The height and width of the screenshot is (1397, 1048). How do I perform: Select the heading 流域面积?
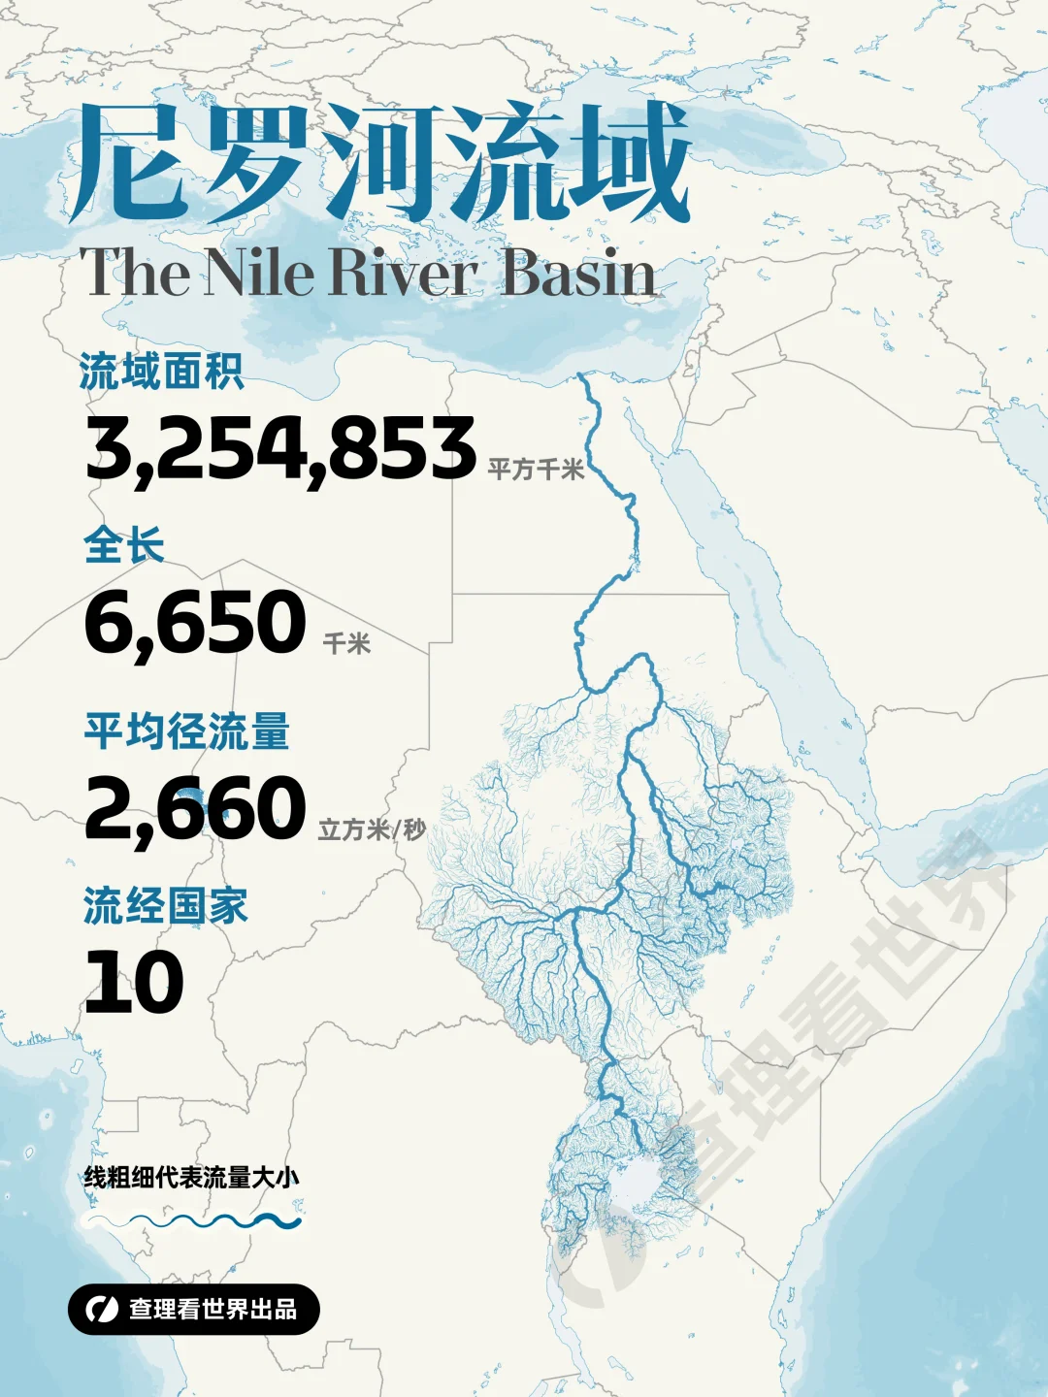coord(162,372)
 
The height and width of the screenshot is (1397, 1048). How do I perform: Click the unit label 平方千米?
coord(536,470)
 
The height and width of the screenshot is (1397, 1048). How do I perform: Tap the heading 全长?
coord(124,545)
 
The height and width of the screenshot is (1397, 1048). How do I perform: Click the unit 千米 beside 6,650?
coord(346,643)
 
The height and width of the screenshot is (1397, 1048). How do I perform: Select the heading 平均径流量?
coord(187,731)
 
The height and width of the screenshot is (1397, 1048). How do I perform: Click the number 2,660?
coord(195,808)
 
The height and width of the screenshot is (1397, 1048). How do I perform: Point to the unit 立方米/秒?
coord(372,829)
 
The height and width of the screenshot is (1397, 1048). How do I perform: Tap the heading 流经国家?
coord(166,906)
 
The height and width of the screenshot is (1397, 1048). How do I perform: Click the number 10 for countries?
coord(134,982)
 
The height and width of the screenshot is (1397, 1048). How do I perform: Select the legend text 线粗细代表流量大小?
coord(191,1178)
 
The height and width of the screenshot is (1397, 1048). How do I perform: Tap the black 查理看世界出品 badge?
coord(194,1310)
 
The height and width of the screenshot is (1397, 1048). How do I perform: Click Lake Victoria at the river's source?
coord(636,1184)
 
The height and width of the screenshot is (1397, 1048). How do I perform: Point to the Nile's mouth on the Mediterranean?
coord(581,376)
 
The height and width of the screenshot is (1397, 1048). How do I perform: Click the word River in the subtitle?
coord(404,273)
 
